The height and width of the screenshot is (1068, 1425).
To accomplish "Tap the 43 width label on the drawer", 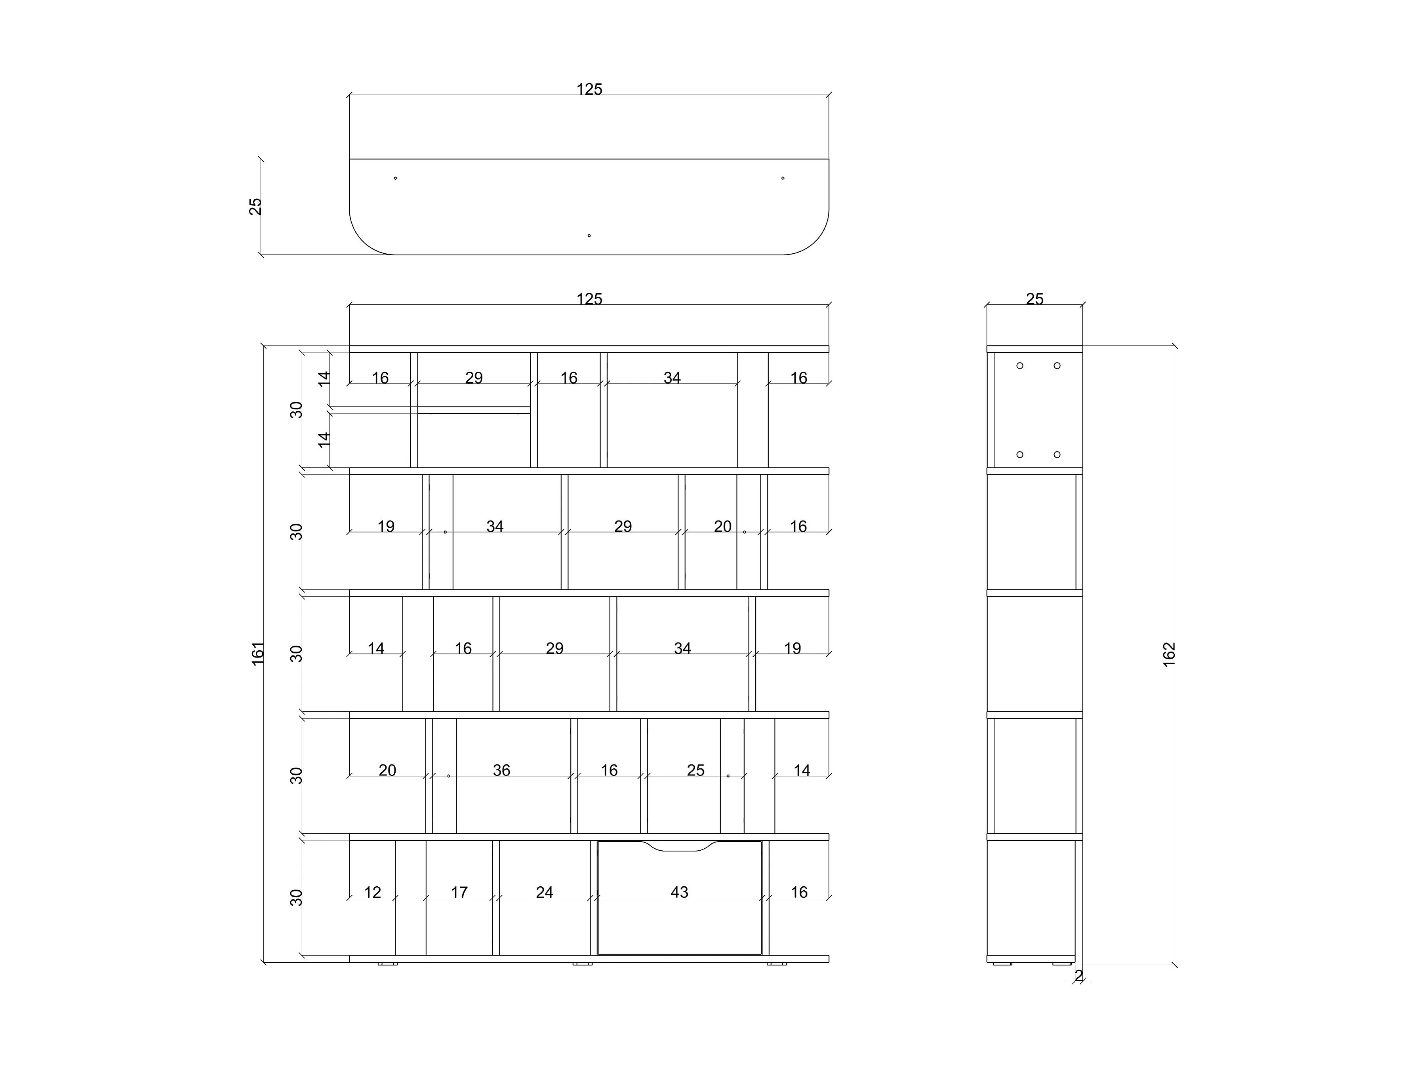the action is (x=679, y=892).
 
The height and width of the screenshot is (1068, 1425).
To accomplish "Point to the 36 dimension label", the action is (x=501, y=770).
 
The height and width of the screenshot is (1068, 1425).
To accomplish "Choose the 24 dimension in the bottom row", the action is (x=544, y=892).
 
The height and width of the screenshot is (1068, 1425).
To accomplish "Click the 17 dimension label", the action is (x=459, y=892).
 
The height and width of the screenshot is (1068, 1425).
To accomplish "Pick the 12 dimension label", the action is (x=372, y=892).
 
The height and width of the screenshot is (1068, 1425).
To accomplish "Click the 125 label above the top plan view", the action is (x=589, y=89).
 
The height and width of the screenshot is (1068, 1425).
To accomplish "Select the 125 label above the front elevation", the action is (x=589, y=299).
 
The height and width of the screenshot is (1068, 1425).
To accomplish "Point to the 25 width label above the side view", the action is (x=1034, y=299).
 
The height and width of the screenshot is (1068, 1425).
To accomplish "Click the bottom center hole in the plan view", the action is (x=589, y=236).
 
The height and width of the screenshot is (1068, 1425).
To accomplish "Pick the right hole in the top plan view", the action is (x=783, y=178).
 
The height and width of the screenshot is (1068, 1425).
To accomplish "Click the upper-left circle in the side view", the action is (x=1020, y=366).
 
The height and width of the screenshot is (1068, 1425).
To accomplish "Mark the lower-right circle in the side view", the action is (x=1057, y=454).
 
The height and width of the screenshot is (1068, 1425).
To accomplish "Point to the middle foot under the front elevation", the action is (x=582, y=964).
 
